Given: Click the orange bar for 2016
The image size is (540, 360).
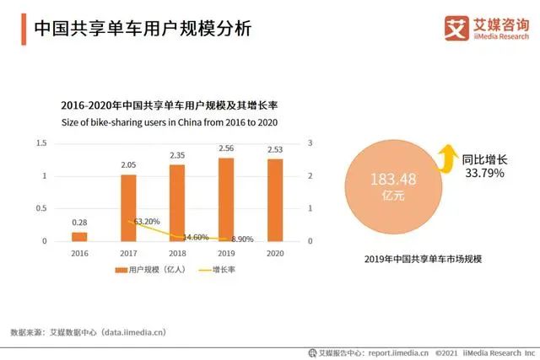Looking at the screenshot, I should click(x=79, y=236).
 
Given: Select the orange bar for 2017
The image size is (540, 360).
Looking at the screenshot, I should click(x=128, y=207).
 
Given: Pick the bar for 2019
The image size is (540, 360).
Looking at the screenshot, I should click(x=226, y=199).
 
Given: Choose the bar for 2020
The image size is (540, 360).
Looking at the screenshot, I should click(x=275, y=200).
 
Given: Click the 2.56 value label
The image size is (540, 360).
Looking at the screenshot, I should click(x=226, y=149).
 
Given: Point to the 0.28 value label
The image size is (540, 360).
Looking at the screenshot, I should click(x=79, y=223).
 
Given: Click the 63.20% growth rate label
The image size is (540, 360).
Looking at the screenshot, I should click(x=148, y=223).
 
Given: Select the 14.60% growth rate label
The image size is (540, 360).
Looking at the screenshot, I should click(x=197, y=237).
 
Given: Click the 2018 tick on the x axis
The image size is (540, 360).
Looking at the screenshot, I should click(x=177, y=252).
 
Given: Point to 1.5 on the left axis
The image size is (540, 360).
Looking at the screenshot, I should click(x=41, y=143).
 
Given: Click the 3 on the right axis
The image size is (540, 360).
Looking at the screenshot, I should click(x=311, y=143).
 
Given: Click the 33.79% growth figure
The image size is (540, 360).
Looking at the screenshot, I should click(x=483, y=174).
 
